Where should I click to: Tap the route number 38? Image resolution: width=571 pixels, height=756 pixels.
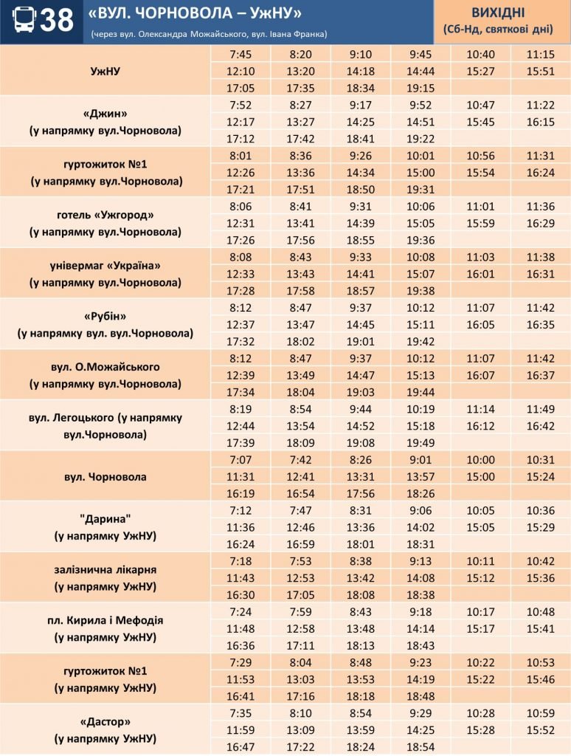[57, 21]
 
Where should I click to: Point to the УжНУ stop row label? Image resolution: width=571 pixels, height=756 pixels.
[105, 71]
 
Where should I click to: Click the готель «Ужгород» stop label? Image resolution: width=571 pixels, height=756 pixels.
[105, 215]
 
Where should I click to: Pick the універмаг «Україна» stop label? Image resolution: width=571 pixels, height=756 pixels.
[105, 266]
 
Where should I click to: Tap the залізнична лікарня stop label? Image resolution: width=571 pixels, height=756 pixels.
[105, 570]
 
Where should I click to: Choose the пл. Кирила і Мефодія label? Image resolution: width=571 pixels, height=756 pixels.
[105, 620]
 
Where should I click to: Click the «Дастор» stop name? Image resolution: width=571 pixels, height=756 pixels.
[105, 721]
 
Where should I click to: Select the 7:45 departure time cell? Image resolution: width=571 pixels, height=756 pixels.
[240, 54]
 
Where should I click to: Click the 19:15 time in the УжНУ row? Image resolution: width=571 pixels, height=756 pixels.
[420, 88]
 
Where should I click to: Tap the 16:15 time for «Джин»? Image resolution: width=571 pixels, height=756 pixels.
[540, 122]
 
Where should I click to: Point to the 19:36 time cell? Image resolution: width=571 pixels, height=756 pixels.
[420, 240]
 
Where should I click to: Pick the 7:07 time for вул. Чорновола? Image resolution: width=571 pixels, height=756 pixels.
[240, 459]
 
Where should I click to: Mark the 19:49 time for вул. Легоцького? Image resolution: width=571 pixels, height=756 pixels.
[420, 443]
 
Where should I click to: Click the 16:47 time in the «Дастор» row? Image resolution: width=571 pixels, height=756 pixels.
[240, 747]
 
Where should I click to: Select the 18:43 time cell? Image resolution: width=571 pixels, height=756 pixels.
[420, 645]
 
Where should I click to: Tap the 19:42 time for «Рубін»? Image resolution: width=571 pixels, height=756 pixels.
[420, 341]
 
